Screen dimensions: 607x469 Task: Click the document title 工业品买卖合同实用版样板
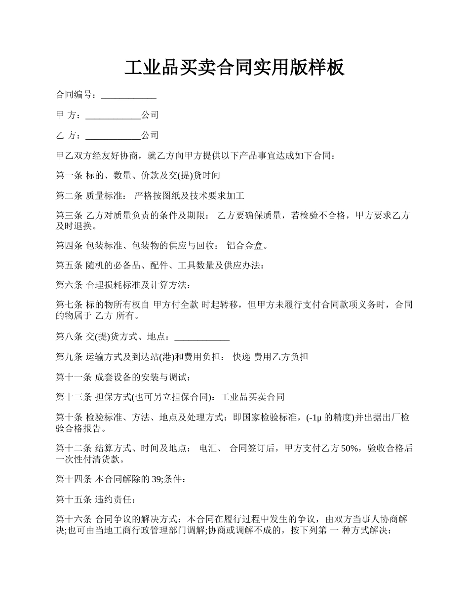coord(234,68)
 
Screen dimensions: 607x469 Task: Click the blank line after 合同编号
coord(128,95)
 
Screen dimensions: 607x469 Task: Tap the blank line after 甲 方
coord(113,115)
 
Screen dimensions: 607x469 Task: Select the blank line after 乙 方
coord(113,136)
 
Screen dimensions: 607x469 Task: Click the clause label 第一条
coord(69,176)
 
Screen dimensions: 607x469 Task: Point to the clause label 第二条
coord(69,196)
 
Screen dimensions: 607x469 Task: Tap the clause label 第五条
coord(69,266)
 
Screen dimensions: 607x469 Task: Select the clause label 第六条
coord(69,285)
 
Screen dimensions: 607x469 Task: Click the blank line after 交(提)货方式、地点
coord(202,337)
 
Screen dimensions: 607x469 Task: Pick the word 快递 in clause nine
coord(241,357)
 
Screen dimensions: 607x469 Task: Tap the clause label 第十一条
coord(74,378)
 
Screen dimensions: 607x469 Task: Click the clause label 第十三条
coord(74,397)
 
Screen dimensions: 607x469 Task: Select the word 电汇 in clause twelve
coord(208,449)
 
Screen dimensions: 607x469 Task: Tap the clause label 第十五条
coord(74,500)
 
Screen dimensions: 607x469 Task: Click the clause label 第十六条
coord(74,520)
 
